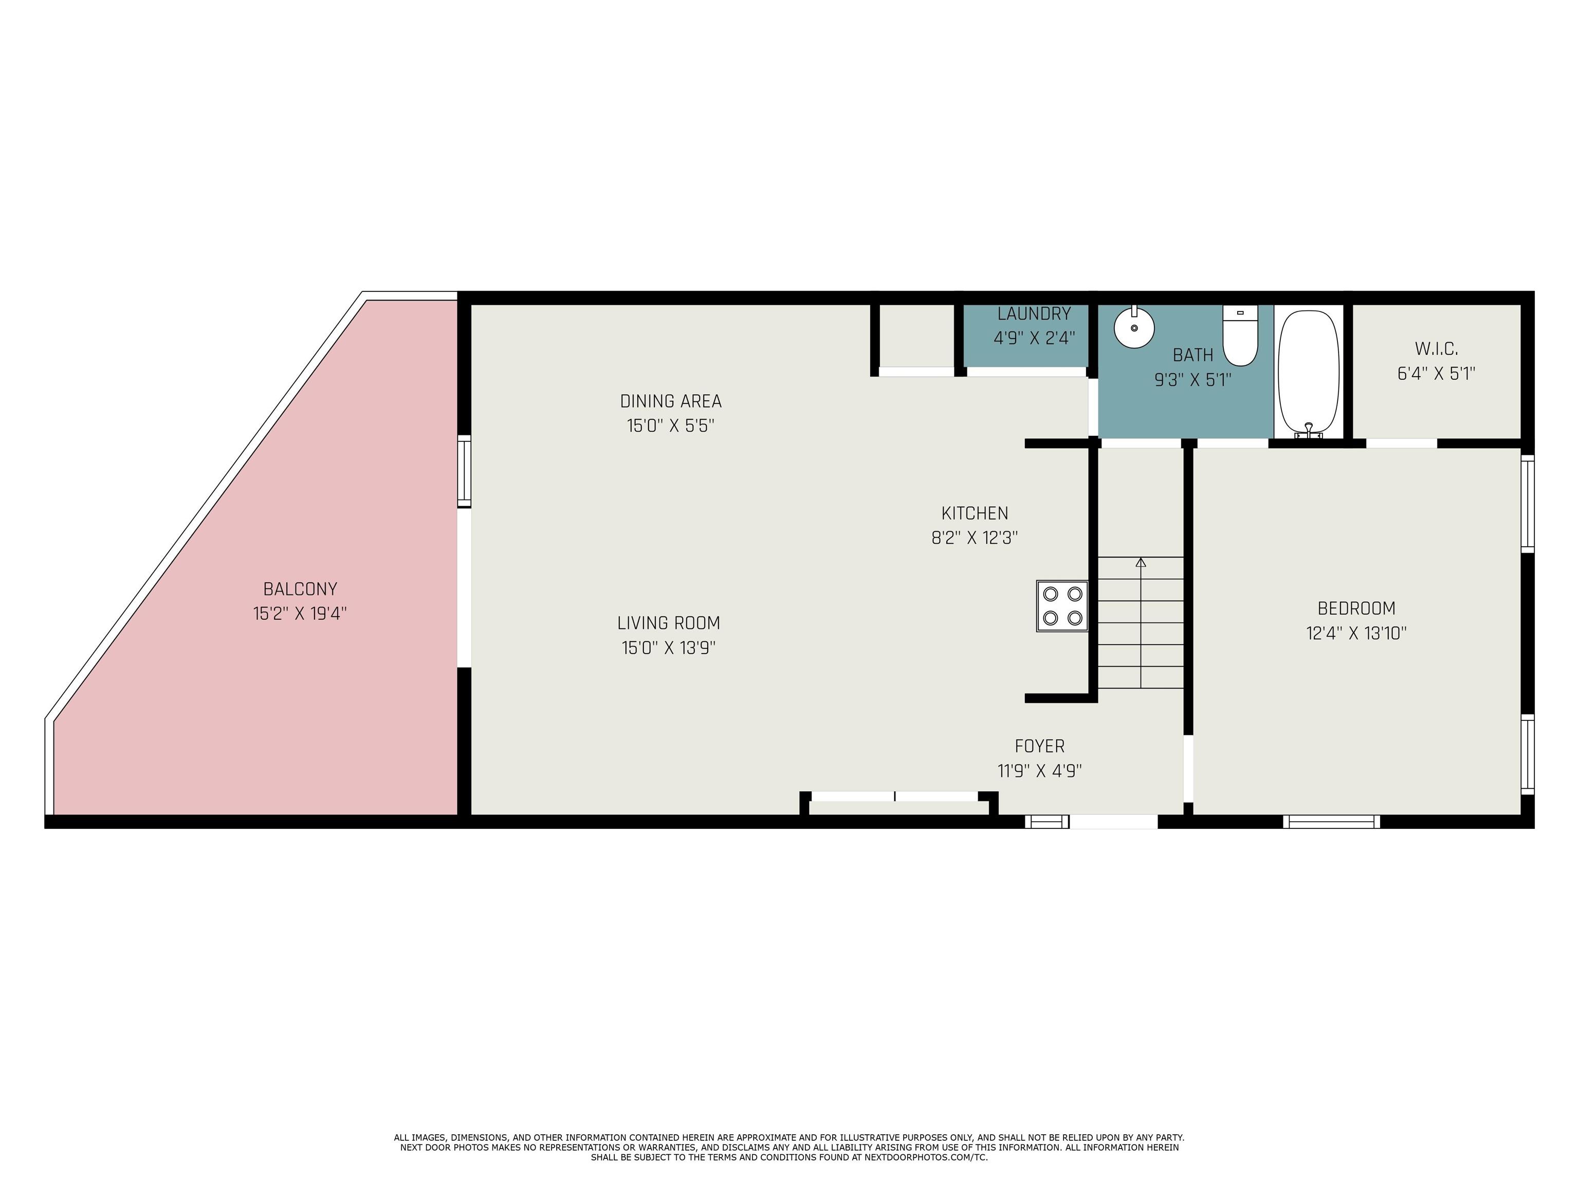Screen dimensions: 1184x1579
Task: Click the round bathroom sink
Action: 1134,328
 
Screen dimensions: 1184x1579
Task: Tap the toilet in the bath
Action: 1240,336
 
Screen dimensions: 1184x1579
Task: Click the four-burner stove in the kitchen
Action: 1062,606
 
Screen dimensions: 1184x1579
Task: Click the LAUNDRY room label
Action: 1034,313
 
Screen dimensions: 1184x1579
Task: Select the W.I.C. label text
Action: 1436,349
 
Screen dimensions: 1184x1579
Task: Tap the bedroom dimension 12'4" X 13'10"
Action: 1356,633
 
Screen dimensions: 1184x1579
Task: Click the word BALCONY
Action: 300,589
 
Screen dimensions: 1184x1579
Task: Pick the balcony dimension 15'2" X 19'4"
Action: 300,614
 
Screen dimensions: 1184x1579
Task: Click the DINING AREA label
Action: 670,401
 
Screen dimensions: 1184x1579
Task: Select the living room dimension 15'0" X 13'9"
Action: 668,648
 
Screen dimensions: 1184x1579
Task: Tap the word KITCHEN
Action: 975,513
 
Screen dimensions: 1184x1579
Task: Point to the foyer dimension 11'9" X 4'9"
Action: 1039,771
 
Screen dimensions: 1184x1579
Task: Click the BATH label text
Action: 1193,355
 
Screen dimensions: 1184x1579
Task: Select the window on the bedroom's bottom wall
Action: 1331,821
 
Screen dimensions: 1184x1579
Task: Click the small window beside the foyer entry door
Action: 1047,821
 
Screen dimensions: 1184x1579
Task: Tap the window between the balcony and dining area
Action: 465,471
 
